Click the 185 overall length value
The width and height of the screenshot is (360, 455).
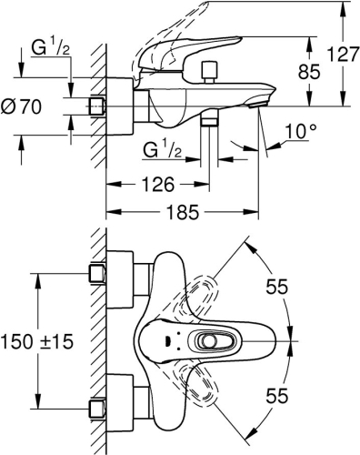click(x=183, y=216)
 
